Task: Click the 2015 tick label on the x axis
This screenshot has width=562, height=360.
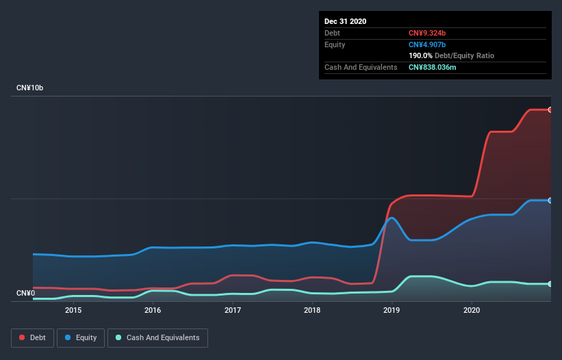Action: [73, 310]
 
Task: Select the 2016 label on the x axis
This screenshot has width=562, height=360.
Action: [153, 310]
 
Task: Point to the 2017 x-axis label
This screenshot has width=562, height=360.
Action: [233, 310]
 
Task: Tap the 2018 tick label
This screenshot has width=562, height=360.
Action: [312, 310]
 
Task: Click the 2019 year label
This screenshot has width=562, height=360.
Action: [392, 310]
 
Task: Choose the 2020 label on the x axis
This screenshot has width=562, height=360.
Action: [472, 310]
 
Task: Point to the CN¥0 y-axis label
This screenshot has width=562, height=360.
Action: [25, 294]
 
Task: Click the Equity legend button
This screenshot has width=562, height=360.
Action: [81, 337]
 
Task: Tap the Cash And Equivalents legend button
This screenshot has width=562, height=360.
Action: [157, 337]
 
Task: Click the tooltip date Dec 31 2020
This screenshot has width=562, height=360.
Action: [346, 21]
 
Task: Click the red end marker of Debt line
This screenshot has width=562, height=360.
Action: [550, 110]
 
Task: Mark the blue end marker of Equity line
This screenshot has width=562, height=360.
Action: [550, 200]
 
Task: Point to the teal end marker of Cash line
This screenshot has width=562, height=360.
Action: [550, 283]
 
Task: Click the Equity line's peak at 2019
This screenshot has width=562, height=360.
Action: [392, 218]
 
